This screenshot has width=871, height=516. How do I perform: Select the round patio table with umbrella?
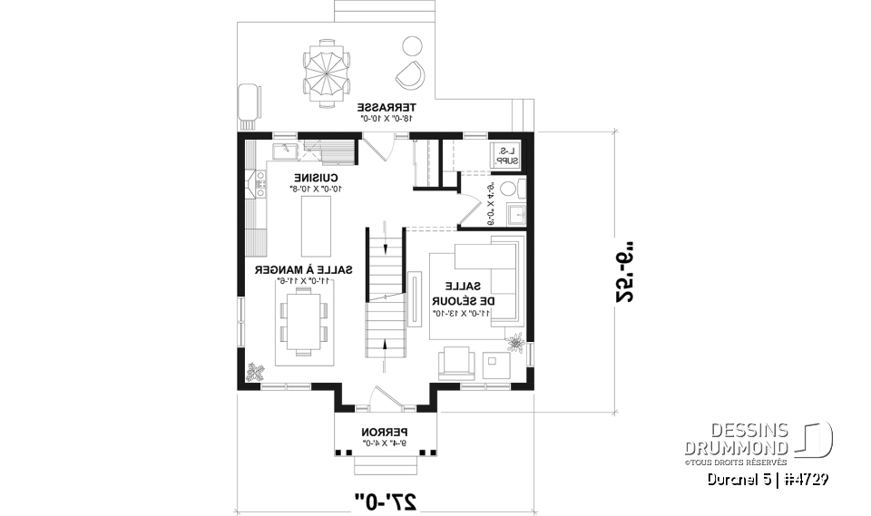(x=325, y=73)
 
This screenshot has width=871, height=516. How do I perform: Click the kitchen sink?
(x=280, y=148)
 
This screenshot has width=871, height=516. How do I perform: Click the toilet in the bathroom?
(x=513, y=190)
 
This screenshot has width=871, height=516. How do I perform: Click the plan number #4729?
(x=806, y=478)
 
